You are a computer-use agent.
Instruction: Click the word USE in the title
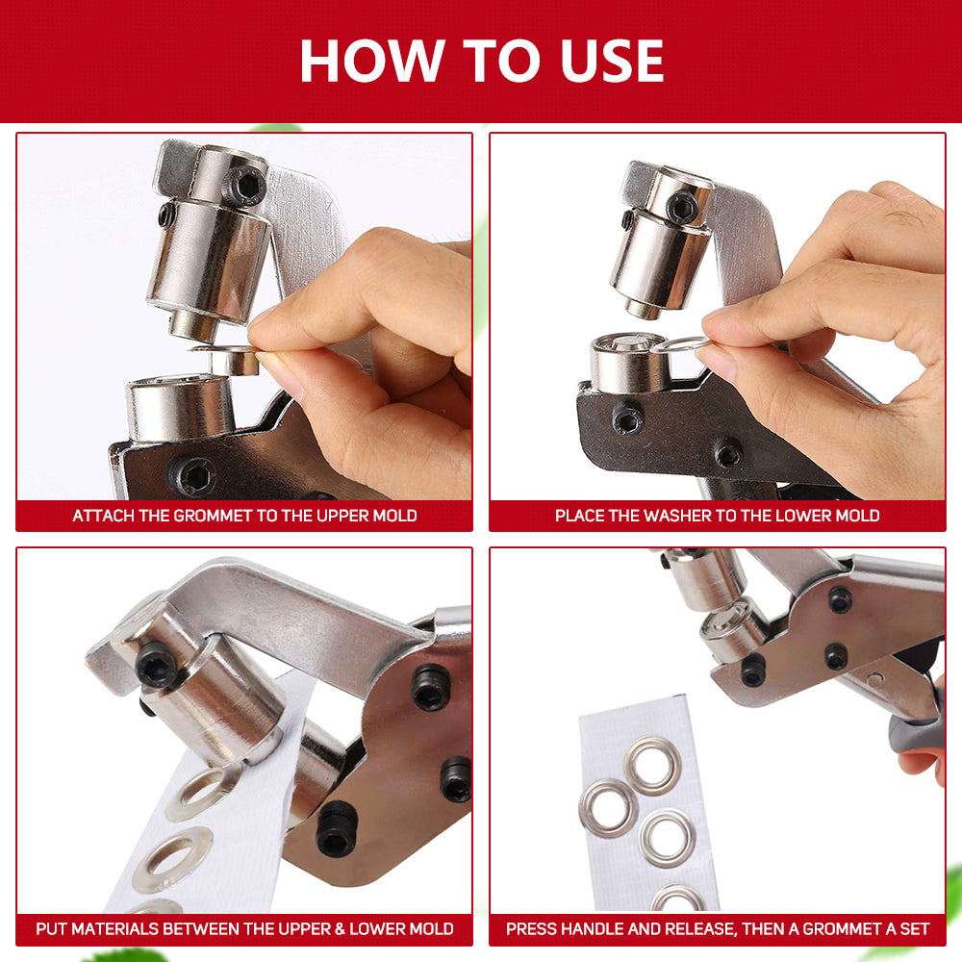[x=608, y=61]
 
